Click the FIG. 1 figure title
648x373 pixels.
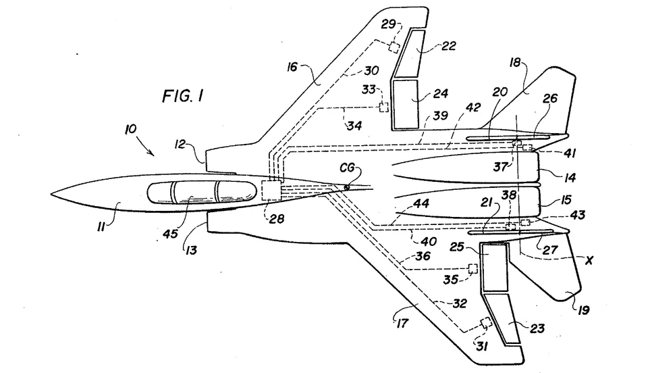pos(182,96)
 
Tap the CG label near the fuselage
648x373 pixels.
pos(347,168)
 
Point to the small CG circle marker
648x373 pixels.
pos(346,187)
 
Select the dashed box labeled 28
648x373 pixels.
pos(271,191)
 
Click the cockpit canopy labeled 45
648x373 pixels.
pos(201,193)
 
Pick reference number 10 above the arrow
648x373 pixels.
pos(130,130)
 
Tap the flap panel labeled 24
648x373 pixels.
pos(405,104)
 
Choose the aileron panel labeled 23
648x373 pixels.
pos(504,319)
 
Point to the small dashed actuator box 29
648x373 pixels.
pos(394,47)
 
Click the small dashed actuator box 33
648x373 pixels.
pos(384,107)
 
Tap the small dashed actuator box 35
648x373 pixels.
pos(473,268)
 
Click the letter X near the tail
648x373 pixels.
pos(589,260)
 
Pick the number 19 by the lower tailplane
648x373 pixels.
pos(583,309)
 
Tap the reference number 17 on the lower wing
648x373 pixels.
pos(402,322)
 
